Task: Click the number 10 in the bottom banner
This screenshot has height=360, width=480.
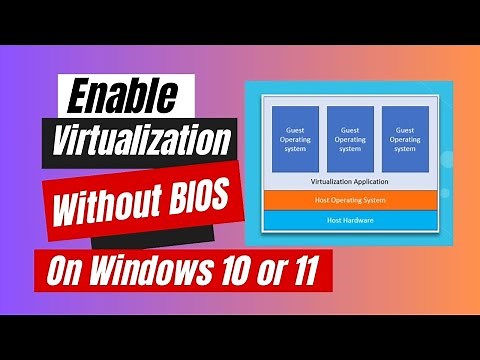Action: tap(233, 269)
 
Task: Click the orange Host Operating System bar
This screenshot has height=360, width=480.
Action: tap(350, 200)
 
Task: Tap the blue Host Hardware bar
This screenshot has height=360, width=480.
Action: tap(350, 218)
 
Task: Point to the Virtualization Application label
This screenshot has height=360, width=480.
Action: tap(350, 181)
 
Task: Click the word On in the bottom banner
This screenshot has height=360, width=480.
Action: tap(73, 270)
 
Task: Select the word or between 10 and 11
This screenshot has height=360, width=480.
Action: tap(268, 270)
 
